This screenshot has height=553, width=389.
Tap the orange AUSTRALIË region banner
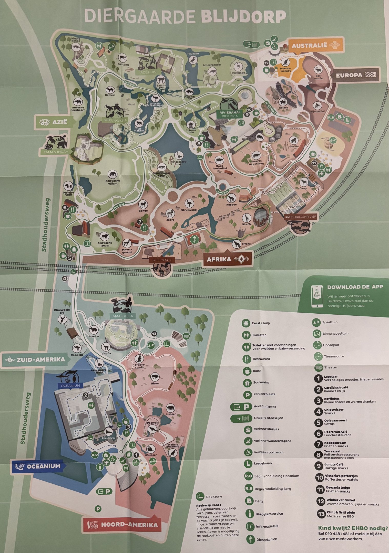click(315, 46)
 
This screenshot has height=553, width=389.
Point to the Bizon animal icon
click(155, 377)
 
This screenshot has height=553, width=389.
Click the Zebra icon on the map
click(170, 213)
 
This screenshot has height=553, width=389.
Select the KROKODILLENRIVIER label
click(300, 217)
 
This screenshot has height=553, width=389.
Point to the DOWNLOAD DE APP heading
click(355, 287)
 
